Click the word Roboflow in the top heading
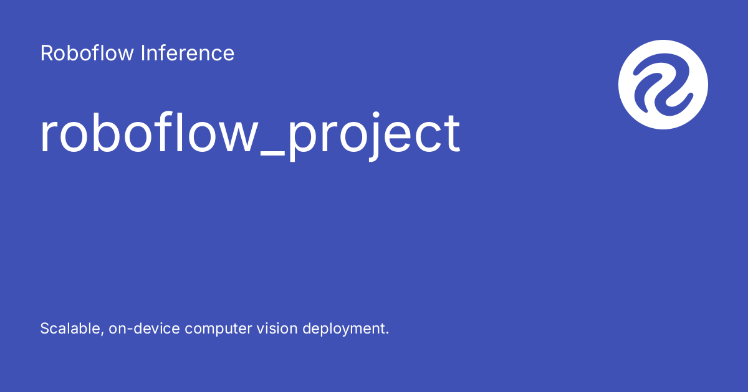pos(87,53)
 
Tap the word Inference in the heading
pos(188,53)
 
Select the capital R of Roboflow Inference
pos(47,54)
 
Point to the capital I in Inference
pos(143,54)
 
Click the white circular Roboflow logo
pos(663,85)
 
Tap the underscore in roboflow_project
pos(272,154)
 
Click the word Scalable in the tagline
pos(70,329)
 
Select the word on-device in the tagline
pos(144,329)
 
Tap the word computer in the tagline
pos(218,329)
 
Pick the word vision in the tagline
pos(277,329)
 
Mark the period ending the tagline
pos(387,333)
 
